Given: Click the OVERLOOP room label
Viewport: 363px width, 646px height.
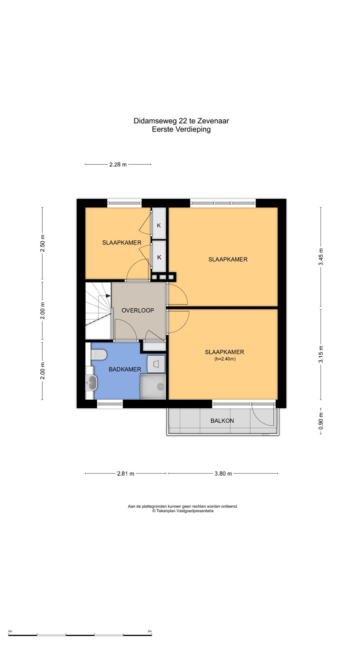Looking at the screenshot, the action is click(138, 310).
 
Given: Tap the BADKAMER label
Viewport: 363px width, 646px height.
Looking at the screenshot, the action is click(125, 369).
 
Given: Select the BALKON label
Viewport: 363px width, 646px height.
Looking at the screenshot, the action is click(222, 420).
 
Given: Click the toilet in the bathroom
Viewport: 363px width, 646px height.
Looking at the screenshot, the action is click(99, 355).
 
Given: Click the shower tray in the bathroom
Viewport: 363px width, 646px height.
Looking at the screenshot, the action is click(153, 386).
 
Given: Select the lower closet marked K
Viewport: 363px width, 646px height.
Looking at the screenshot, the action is click(159, 257).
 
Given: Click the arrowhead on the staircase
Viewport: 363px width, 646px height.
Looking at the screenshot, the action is click(108, 296).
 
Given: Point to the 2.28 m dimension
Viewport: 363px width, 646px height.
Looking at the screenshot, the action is click(118, 165).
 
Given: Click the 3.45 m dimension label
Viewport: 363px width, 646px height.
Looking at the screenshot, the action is click(321, 257).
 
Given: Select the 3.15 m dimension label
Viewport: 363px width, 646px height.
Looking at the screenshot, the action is click(321, 354).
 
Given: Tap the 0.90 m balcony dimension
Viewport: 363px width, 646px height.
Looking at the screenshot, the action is click(321, 421).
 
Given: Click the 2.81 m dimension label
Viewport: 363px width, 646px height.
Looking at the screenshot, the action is click(125, 474).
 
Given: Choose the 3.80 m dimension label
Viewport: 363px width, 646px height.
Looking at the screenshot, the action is click(223, 474).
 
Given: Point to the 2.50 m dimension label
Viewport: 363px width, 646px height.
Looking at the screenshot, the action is click(42, 244).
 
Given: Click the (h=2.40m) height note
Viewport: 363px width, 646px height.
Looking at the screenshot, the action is click(225, 359).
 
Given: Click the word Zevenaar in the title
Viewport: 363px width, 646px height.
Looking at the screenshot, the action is click(213, 121).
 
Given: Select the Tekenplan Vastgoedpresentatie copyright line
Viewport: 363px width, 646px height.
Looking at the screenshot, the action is click(183, 511).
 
